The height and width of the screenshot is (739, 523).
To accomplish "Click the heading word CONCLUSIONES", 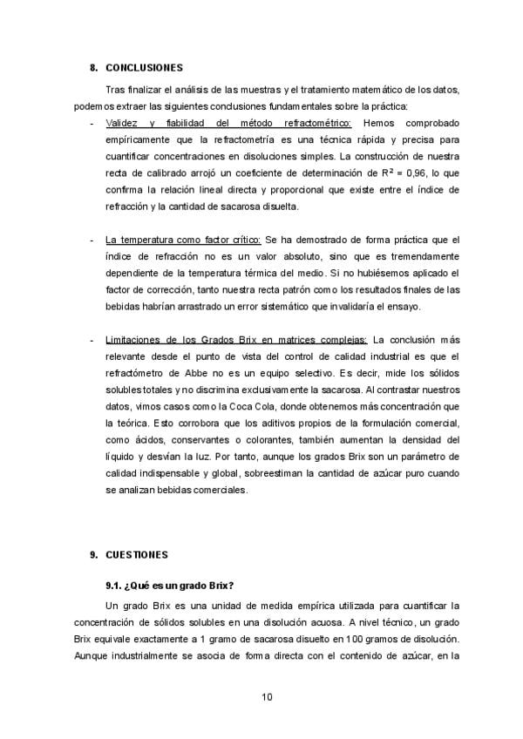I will point(144,67).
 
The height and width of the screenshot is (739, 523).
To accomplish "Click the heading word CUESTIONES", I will point(138,554).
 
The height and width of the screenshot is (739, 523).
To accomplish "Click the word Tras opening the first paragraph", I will point(115,90).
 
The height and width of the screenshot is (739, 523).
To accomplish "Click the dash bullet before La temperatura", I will point(92,239).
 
